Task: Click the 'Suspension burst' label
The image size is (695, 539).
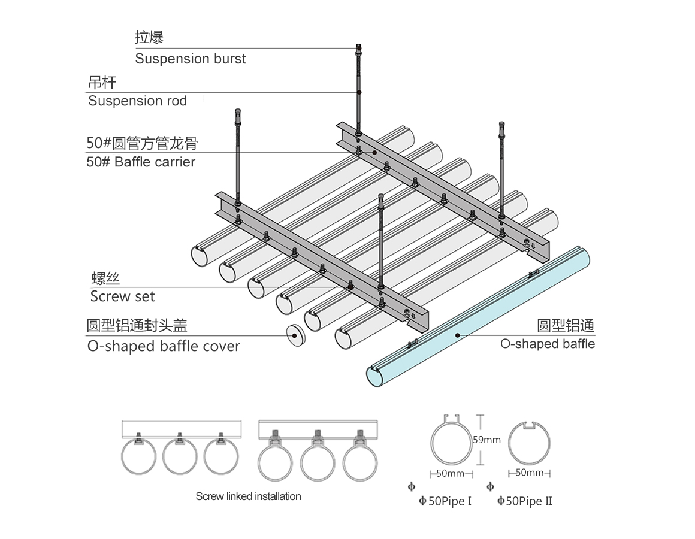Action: [x=190, y=59]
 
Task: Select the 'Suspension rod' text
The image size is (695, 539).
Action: [x=137, y=101]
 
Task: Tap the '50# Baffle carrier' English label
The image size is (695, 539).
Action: [x=141, y=162]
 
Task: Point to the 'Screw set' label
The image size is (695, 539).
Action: [x=122, y=296]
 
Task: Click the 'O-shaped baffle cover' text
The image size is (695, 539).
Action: [x=164, y=346]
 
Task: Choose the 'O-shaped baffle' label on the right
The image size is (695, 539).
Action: [x=547, y=344]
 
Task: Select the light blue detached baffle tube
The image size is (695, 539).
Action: [x=479, y=317]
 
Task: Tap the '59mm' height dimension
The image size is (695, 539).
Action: [x=486, y=440]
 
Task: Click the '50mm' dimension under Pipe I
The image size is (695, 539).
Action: [x=451, y=474]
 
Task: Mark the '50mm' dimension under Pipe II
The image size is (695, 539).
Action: [x=529, y=473]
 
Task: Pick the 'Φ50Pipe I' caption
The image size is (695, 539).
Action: [x=445, y=501]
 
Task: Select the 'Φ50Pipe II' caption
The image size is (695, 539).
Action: [x=525, y=501]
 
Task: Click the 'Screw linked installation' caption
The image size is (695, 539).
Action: [x=248, y=496]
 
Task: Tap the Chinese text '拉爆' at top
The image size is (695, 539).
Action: [x=149, y=38]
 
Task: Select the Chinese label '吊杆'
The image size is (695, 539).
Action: [x=102, y=82]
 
